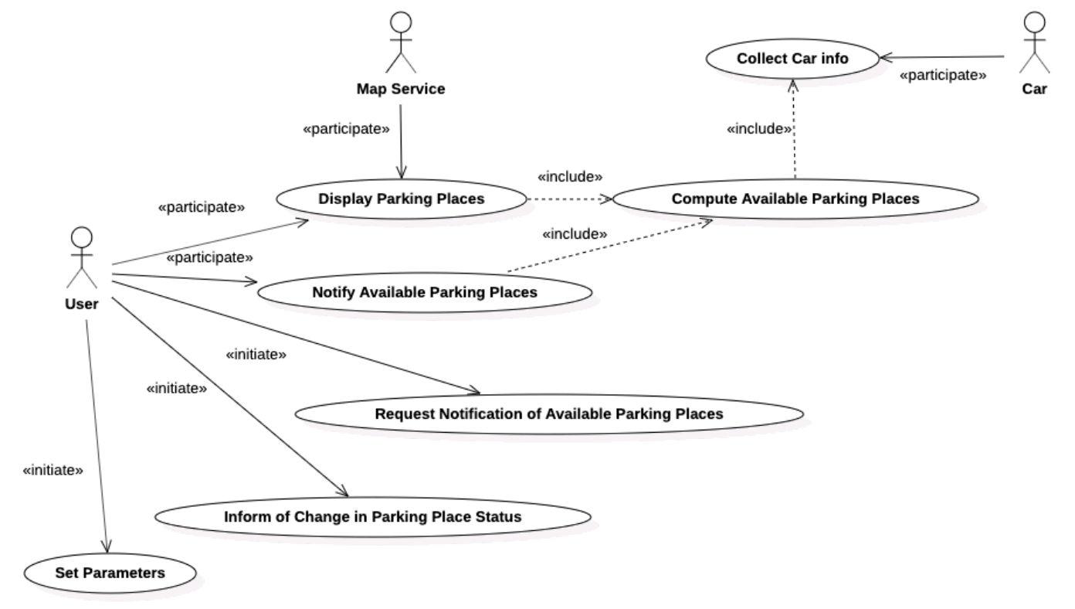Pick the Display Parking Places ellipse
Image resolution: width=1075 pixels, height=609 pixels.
tap(402, 199)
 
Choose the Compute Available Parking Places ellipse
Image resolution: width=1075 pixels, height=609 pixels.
tap(795, 199)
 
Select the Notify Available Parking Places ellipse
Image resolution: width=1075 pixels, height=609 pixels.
tap(425, 293)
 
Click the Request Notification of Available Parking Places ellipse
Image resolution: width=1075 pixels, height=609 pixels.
tap(548, 414)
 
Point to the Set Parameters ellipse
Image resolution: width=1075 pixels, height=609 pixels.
tap(110, 573)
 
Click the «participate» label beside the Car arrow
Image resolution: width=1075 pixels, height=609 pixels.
tap(943, 76)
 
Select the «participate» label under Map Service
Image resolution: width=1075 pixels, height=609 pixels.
tap(345, 129)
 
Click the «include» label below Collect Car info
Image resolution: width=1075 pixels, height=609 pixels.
tap(759, 129)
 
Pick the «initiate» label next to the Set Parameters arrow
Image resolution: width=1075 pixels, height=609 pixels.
tap(53, 469)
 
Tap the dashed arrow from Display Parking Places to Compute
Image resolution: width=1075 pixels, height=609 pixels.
tap(569, 199)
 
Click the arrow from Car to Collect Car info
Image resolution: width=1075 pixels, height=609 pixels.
tap(942, 56)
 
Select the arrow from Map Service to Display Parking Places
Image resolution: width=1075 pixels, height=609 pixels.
tap(401, 139)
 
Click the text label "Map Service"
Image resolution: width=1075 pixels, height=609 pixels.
tap(401, 89)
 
